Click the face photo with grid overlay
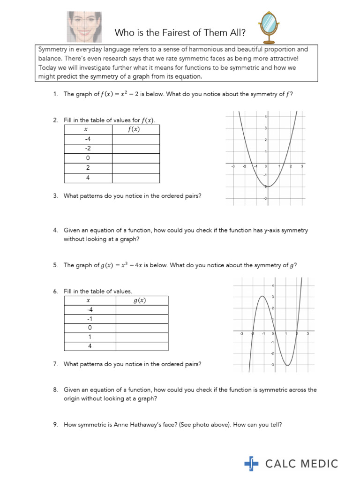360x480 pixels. [x=85, y=26]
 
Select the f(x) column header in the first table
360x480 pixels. [x=135, y=130]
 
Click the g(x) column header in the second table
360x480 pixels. [x=140, y=301]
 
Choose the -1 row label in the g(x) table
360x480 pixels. [x=90, y=319]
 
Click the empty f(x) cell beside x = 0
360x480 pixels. [x=135, y=158]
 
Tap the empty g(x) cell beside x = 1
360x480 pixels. [x=142, y=337]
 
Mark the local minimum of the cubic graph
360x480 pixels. [x=287, y=365]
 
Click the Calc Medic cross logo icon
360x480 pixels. [x=251, y=464]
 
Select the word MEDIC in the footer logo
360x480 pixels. [x=318, y=464]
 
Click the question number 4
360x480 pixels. [x=55, y=230]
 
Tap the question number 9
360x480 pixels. [x=55, y=425]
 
